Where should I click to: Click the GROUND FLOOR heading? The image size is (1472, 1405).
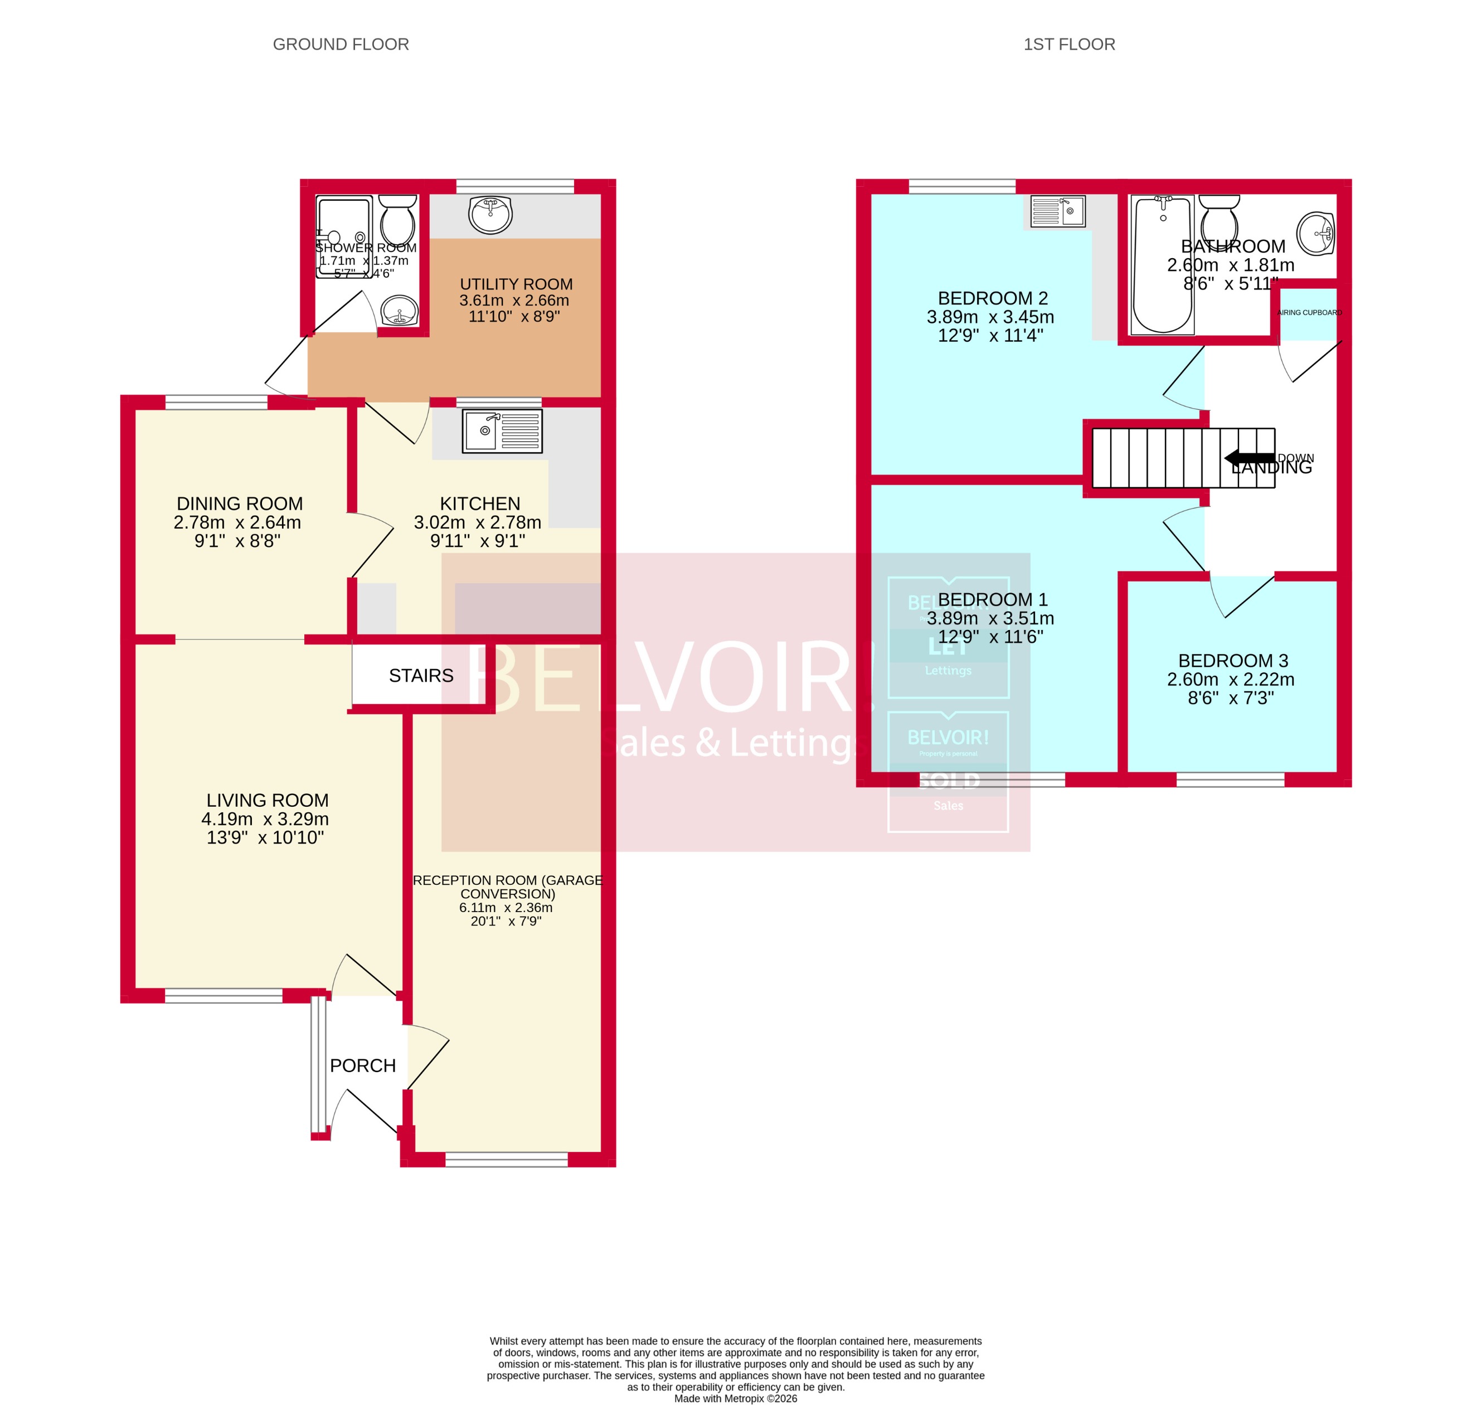point(341,44)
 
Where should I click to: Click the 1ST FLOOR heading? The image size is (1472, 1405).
point(1068,44)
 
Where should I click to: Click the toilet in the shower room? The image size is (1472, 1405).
point(397,219)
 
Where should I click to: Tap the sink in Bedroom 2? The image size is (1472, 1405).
point(1057,211)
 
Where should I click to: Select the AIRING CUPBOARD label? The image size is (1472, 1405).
point(1309,312)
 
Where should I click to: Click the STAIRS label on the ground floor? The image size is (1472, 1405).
point(421,676)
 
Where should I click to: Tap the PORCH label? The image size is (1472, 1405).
point(362,1065)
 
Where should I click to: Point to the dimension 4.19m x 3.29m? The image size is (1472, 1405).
point(265,818)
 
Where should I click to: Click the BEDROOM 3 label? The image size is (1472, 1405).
point(1232,661)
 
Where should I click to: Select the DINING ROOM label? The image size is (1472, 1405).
point(240,503)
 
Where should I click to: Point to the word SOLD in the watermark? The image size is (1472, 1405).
point(948,781)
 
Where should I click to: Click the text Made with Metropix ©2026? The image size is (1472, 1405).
point(735,1398)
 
